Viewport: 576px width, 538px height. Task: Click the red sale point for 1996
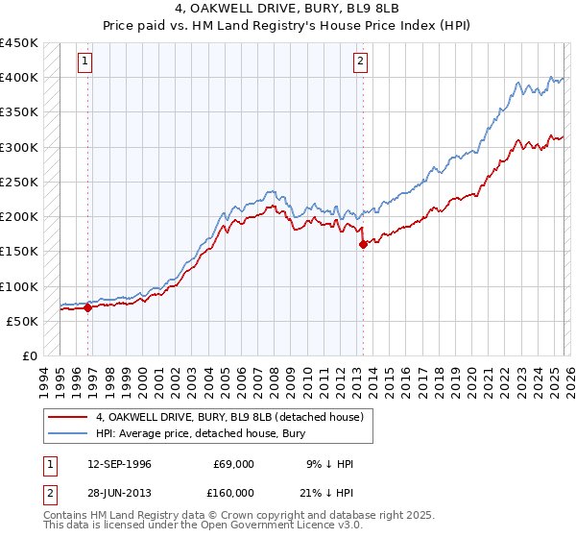(87, 308)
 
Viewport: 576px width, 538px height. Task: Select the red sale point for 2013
(363, 244)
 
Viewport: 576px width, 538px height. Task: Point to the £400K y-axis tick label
(19, 78)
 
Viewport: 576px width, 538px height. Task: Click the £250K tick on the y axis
(19, 182)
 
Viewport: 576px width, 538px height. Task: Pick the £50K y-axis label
(23, 321)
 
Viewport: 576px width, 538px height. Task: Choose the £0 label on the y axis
(31, 355)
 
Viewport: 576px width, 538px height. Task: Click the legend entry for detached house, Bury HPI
(200, 433)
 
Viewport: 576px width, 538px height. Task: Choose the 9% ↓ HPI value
(327, 464)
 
